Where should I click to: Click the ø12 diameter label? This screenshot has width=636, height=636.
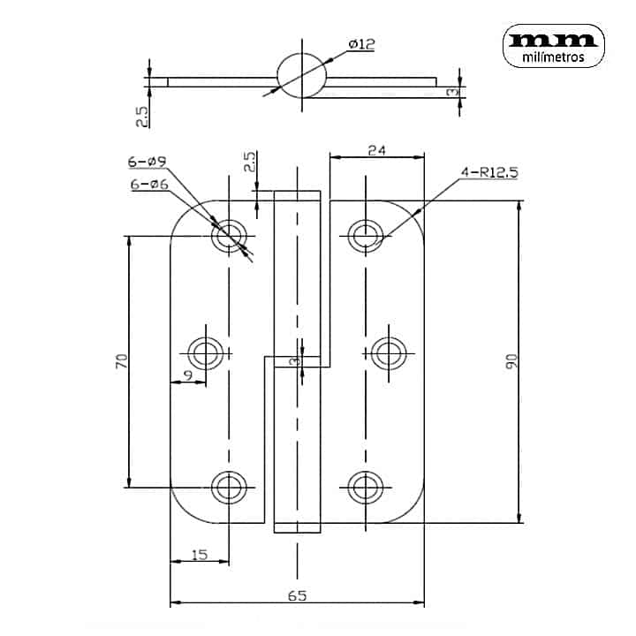click(x=362, y=44)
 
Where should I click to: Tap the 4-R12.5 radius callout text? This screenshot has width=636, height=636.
click(x=489, y=173)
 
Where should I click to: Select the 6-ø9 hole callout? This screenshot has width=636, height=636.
click(x=147, y=162)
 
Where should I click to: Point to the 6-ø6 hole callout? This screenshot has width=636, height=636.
click(x=149, y=185)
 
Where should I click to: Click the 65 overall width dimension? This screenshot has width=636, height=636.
click(x=298, y=596)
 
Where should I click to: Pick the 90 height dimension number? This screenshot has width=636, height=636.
click(x=511, y=361)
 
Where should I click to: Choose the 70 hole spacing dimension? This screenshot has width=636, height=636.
click(x=121, y=361)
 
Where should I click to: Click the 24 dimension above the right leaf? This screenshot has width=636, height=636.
click(x=377, y=150)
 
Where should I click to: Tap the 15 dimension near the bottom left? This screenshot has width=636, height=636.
click(x=200, y=555)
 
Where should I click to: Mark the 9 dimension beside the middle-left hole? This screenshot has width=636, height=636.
click(x=188, y=375)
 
